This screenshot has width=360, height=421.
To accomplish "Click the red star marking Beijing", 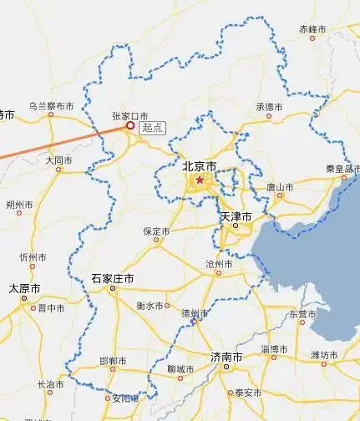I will pos(200,179).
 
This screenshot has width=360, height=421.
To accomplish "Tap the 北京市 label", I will pos(199,166).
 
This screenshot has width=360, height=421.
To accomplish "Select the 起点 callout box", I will pos(152,128).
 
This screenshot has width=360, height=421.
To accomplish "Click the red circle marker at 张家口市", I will pos(129,126).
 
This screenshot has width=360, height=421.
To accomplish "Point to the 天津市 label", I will pos(236,216).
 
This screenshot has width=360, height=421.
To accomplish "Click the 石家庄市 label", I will pos(113,278).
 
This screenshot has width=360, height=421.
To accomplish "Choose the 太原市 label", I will pos(25,289).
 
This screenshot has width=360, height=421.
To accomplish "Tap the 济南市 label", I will pos(226,357).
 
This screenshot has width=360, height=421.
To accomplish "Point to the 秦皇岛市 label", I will pos(342,168).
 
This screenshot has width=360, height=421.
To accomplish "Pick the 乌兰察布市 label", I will pos(51,106).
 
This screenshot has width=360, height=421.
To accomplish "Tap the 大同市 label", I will pos(59,159).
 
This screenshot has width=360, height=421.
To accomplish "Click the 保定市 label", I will pos(156,231).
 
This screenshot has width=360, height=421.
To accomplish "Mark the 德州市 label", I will pos(195,313).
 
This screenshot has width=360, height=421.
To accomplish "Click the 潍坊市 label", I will pos(325,354).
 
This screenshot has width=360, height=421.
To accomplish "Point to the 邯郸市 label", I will pos(113,361).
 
